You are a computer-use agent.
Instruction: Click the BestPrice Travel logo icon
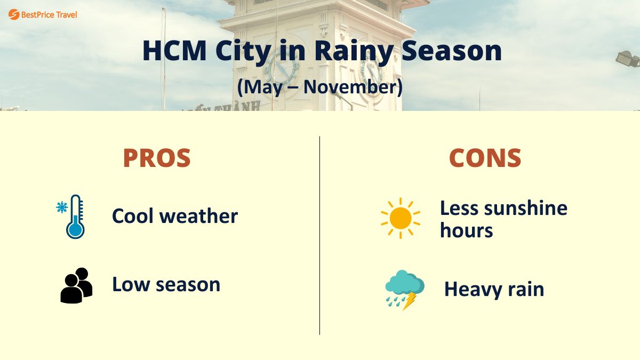14,14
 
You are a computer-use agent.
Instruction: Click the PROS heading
157,158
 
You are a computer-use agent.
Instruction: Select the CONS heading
485,158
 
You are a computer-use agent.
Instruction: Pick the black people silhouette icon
76,285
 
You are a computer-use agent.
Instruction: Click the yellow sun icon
400,218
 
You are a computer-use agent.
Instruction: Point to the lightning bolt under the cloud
410,301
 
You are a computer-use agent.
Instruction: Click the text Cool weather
174,216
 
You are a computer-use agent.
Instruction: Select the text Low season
166,284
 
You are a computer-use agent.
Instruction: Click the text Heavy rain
494,290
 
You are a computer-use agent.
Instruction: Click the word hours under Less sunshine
466,230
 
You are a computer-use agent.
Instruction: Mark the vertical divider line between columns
319,235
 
